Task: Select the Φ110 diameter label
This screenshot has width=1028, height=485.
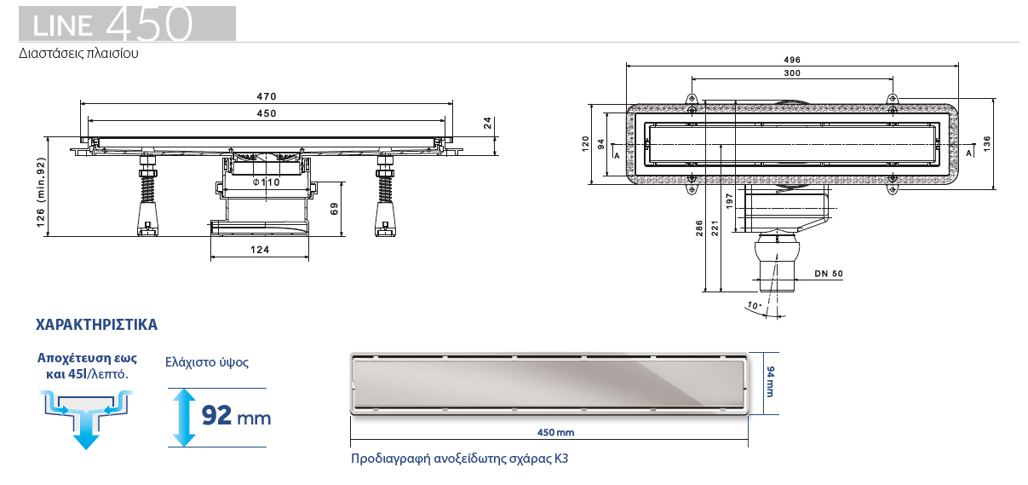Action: (267, 183)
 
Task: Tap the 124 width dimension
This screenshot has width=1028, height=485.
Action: (261, 250)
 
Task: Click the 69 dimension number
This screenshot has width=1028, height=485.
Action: (334, 208)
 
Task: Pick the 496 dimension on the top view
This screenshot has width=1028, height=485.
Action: (791, 60)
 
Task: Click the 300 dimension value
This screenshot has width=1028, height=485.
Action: (791, 73)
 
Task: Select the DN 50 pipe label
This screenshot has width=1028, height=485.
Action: (828, 274)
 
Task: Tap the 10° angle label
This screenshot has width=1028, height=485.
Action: (752, 305)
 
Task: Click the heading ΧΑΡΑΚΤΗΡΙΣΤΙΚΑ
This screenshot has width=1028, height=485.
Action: (96, 326)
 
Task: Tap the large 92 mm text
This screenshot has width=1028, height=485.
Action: (236, 416)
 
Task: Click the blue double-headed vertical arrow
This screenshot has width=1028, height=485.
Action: (181, 416)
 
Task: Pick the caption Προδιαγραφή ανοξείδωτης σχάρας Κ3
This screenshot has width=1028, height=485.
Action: (459, 459)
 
